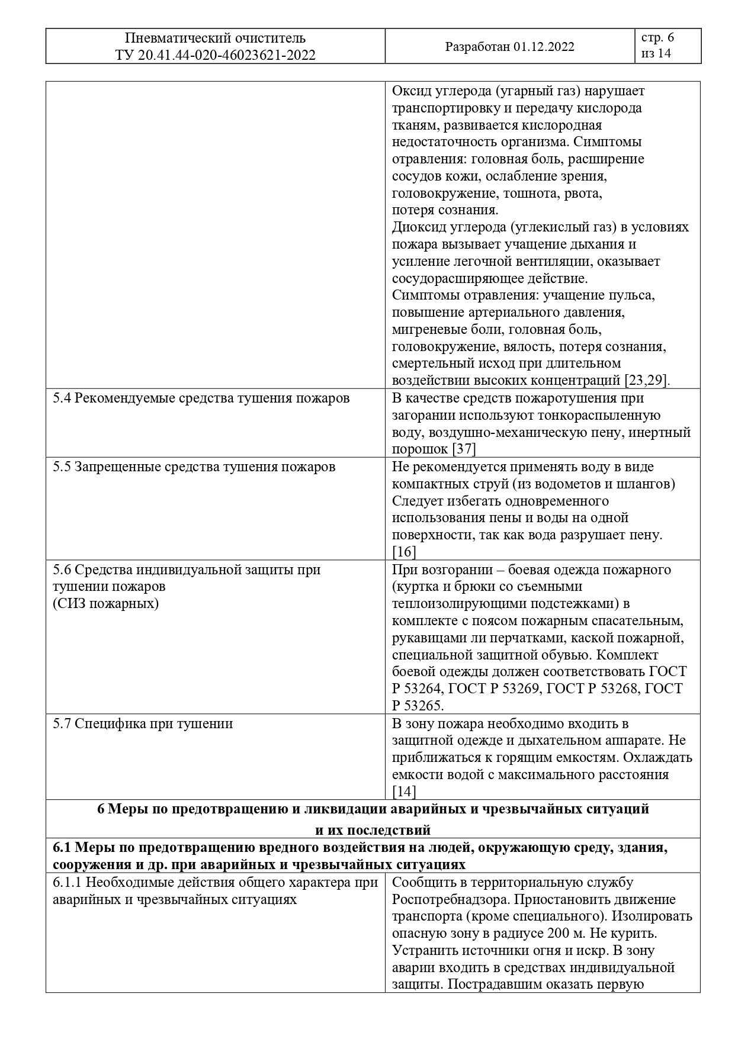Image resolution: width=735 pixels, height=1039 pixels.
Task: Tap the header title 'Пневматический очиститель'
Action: coord(216,38)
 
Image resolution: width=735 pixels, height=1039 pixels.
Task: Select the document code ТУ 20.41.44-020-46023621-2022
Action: coord(216,55)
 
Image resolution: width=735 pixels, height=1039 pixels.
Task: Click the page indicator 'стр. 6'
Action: coord(657,38)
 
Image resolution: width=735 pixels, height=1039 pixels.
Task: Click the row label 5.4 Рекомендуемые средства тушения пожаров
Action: coord(201,398)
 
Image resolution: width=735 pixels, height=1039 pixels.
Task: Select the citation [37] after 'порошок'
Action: coord(464,449)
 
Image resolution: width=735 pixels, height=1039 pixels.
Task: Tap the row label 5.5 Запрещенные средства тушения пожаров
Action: coord(194,467)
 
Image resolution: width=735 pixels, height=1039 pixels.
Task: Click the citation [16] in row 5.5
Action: coord(404,552)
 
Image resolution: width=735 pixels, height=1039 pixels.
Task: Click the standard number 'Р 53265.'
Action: coord(418,706)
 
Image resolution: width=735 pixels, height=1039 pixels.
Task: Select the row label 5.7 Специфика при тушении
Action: coord(143,723)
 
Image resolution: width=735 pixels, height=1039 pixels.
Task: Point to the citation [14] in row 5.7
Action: coord(404,792)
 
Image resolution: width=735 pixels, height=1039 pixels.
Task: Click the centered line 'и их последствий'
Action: coord(373,829)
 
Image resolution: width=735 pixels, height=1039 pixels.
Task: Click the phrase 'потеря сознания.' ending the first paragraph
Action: coord(445,210)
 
